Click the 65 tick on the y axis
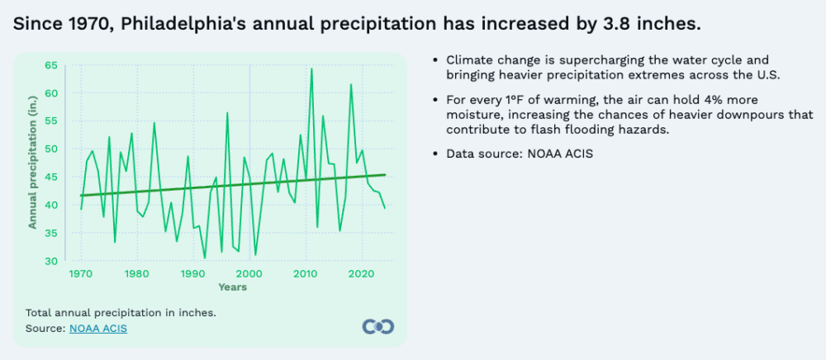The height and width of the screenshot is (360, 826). click(52, 64)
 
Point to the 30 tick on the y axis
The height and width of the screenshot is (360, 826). click(52, 261)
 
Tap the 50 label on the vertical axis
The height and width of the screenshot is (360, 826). click(52, 149)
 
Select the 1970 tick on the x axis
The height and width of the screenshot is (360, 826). click(80, 273)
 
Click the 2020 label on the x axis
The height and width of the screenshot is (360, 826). click(362, 273)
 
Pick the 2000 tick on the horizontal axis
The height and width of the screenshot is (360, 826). click(249, 273)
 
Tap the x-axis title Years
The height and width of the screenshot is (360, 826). click(232, 287)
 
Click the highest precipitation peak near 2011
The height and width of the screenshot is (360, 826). click(311, 69)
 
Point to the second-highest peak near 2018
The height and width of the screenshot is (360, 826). click(350, 84)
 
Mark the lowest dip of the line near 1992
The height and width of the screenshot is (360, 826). click(205, 258)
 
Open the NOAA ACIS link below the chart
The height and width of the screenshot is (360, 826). click(98, 329)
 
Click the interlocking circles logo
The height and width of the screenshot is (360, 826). click(378, 326)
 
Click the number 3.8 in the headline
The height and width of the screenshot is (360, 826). click(610, 24)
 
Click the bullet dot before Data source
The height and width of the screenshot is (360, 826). click(435, 154)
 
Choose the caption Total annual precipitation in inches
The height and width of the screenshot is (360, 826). click(121, 313)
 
